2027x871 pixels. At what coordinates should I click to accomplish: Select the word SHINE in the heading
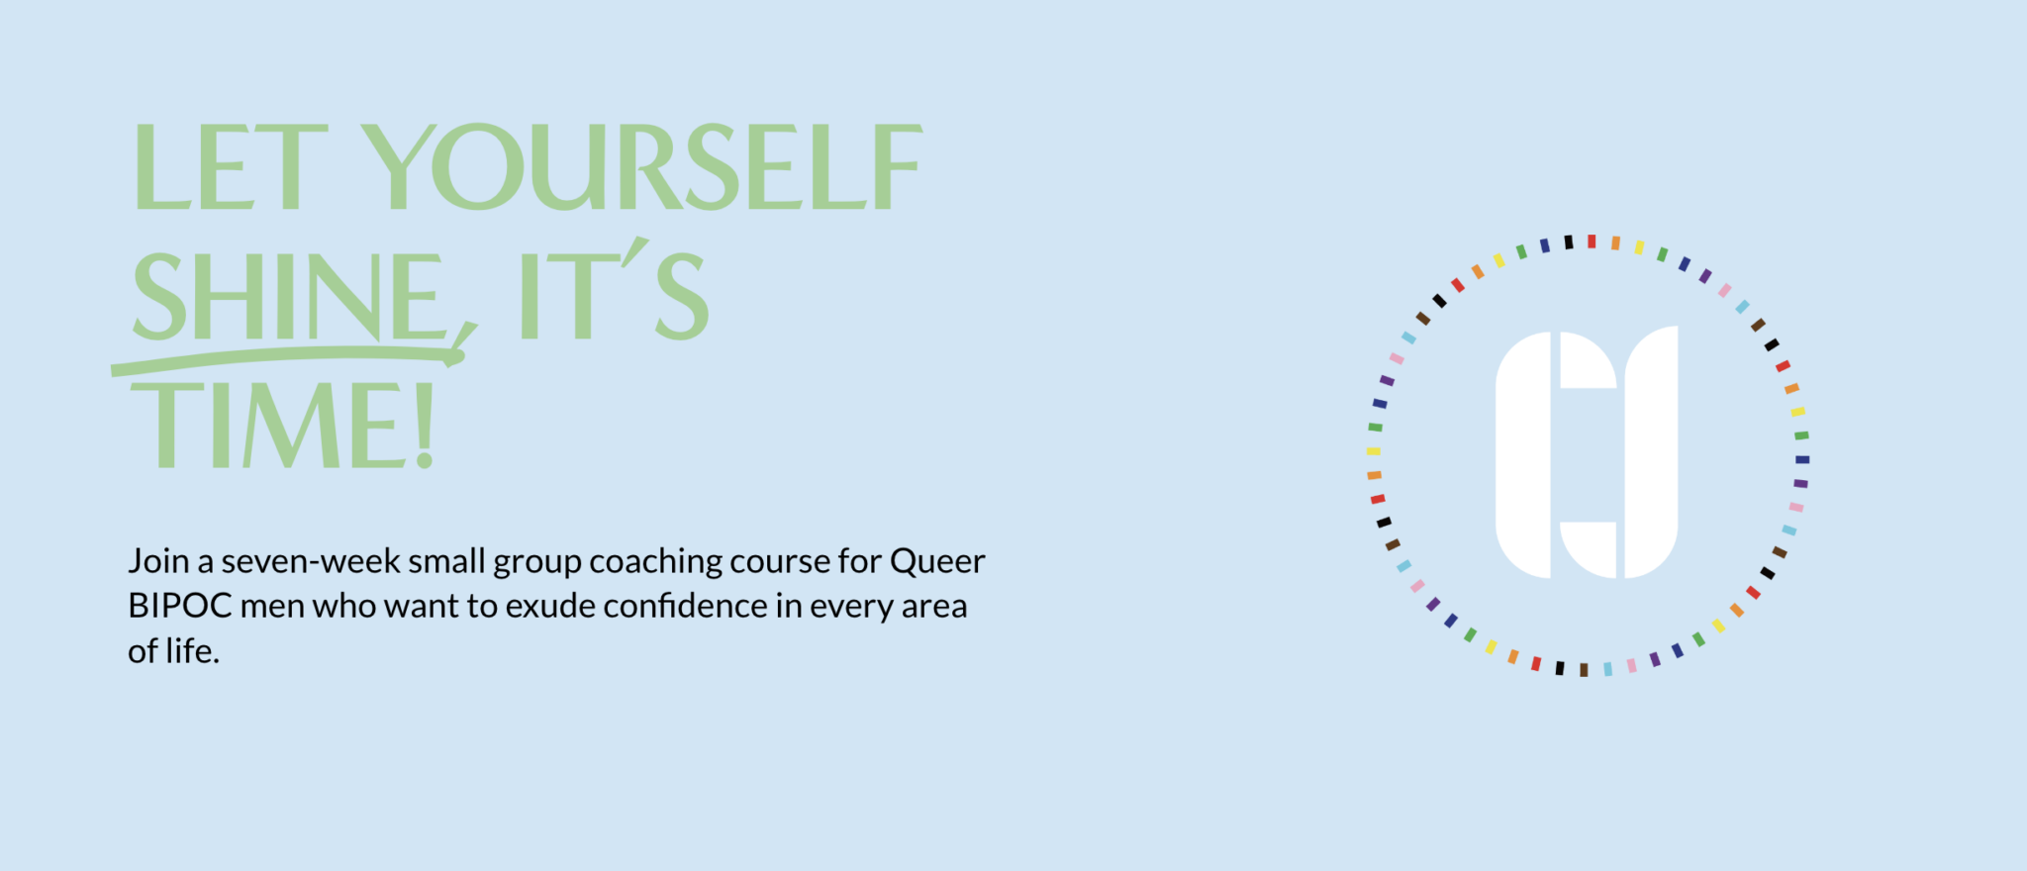pyautogui.click(x=290, y=296)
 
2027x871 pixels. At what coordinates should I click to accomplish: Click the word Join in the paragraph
pyautogui.click(x=158, y=562)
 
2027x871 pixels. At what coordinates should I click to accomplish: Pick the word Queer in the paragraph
pyautogui.click(x=937, y=562)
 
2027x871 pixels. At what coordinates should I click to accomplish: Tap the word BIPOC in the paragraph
pyautogui.click(x=180, y=606)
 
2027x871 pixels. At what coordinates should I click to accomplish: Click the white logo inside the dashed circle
pyautogui.click(x=1587, y=452)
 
